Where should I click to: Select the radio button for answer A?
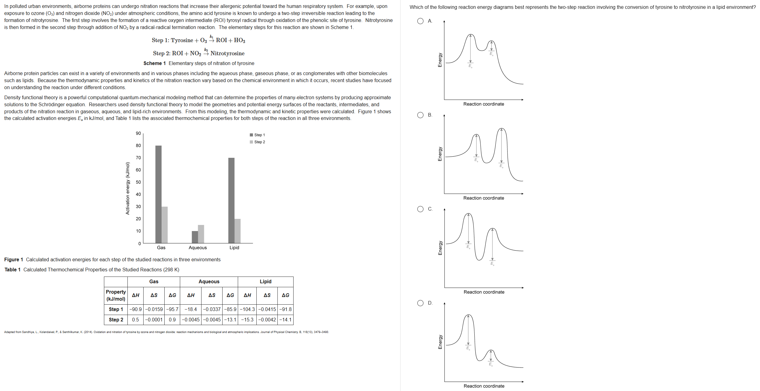coord(420,21)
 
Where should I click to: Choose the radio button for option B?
coord(420,115)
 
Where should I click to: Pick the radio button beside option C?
coord(420,209)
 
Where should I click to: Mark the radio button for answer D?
coord(420,303)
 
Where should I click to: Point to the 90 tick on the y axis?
coord(138,133)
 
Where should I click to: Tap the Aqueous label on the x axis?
coord(198,248)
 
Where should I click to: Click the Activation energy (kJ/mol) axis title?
coord(128,188)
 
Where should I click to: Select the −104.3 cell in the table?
coord(247,309)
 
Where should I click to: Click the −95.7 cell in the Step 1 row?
coord(172,309)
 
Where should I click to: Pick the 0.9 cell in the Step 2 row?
coord(172,320)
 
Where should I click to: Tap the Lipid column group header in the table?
coord(266,281)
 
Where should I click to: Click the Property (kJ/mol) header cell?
coord(116,295)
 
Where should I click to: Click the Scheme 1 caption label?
coord(155,63)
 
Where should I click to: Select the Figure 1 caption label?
coord(13,259)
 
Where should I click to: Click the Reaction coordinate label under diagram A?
coord(483,104)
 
